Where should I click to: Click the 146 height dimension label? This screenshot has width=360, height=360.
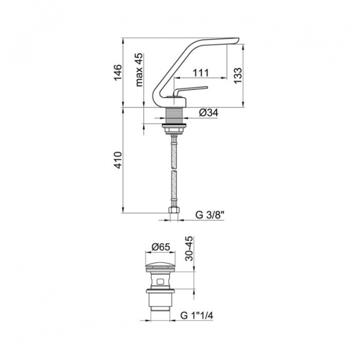click(118, 72)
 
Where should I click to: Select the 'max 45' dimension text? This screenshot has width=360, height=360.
click(139, 70)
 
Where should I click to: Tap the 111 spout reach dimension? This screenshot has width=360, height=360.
click(200, 73)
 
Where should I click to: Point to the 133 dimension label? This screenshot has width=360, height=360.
click(238, 76)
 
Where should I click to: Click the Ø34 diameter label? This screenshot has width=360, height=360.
click(209, 113)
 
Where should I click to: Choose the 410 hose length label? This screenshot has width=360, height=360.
click(118, 160)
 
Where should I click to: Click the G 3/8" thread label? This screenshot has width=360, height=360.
click(209, 215)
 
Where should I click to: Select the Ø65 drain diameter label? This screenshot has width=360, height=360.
click(161, 247)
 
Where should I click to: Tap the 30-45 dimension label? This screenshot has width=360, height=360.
click(190, 248)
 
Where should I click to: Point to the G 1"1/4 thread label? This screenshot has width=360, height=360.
click(197, 315)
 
